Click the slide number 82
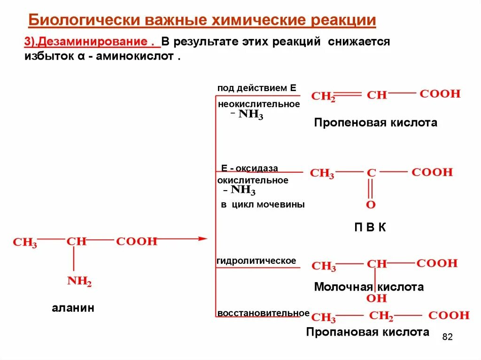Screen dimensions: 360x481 pyautogui.click(x=447, y=337)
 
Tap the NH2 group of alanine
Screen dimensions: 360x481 pyautogui.click(x=79, y=282)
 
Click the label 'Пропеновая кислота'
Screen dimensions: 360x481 pyautogui.click(x=375, y=123)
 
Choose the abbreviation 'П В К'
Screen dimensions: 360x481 pyautogui.click(x=370, y=228)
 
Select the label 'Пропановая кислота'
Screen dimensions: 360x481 pyautogui.click(x=367, y=332)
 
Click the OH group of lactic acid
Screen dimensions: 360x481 pyautogui.click(x=376, y=299)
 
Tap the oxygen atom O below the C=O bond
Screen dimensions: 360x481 pyautogui.click(x=371, y=205)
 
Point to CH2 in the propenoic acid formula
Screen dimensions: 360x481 pyautogui.click(x=324, y=96)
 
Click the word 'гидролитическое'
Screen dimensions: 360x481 pyautogui.click(x=256, y=260)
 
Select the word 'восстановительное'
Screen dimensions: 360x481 pyautogui.click(x=263, y=313)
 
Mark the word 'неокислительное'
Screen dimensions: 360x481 pyautogui.click(x=258, y=104)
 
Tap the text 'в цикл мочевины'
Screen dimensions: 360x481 pyautogui.click(x=263, y=205)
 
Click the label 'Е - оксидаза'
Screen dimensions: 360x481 pyautogui.click(x=250, y=168)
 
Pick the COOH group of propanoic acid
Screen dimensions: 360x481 pyautogui.click(x=449, y=315)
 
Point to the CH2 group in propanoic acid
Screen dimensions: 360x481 pyautogui.click(x=381, y=316)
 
